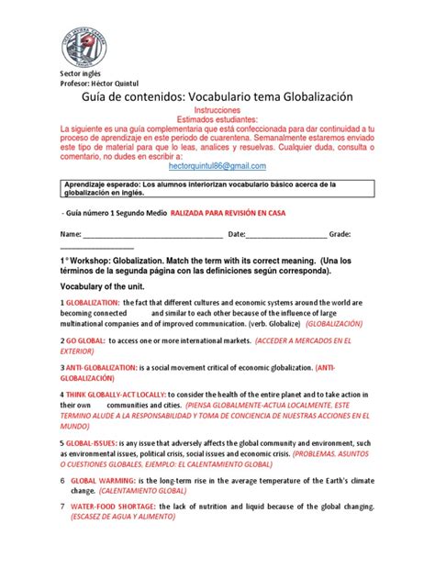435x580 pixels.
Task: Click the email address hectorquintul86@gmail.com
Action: tap(217, 165)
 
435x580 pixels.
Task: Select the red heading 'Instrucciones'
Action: tap(217, 107)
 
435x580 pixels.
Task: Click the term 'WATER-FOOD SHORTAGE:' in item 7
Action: tap(114, 506)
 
